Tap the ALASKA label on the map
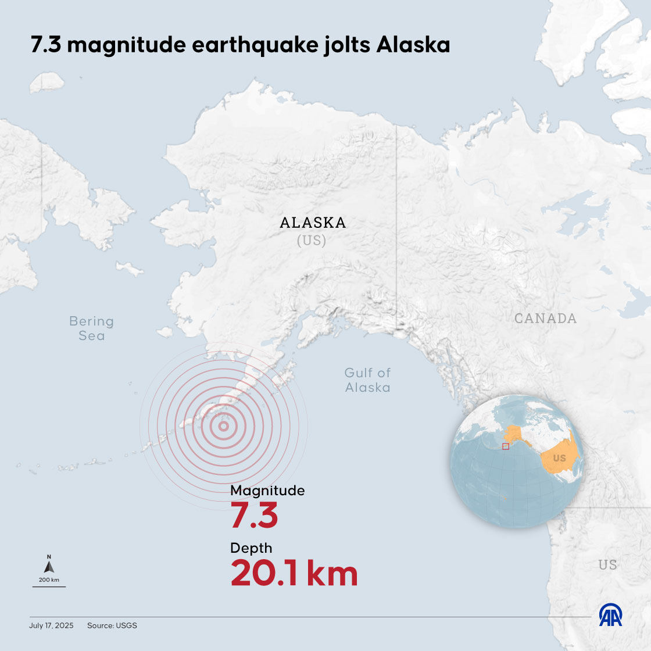(x=313, y=223)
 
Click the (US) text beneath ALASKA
(x=312, y=241)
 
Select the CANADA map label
(x=545, y=319)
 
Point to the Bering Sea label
(x=91, y=328)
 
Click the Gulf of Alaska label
(x=367, y=380)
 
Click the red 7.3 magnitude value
(x=254, y=516)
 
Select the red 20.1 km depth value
(x=294, y=573)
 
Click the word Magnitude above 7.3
(x=267, y=491)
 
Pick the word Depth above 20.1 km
(x=251, y=548)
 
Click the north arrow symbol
(x=49, y=566)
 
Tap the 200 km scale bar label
(x=49, y=580)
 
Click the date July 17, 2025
(x=51, y=626)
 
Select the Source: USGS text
(x=112, y=626)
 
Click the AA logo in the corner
(x=610, y=616)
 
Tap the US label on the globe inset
(x=559, y=459)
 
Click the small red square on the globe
(x=506, y=446)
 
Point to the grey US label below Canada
(x=607, y=565)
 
